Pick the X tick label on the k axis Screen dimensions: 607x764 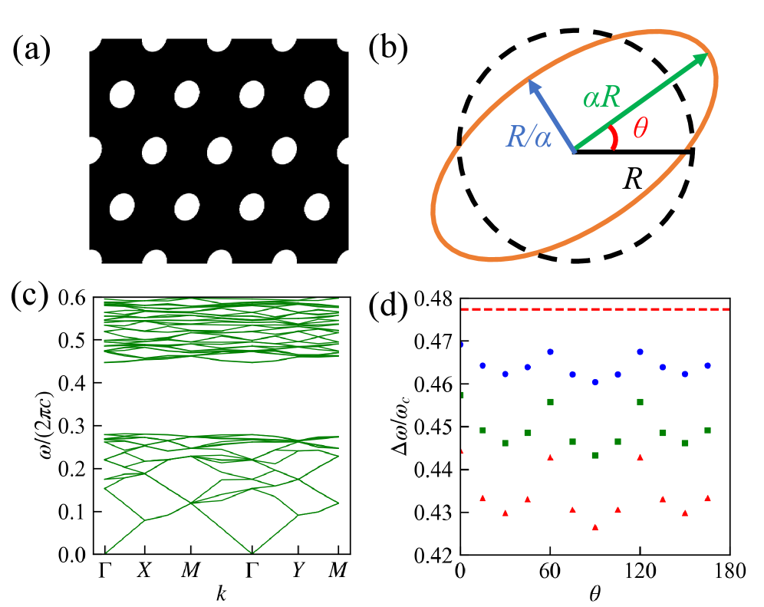(x=144, y=571)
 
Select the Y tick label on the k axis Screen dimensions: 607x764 (x=297, y=571)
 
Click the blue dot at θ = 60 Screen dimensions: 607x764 (x=550, y=351)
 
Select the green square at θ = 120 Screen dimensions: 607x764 (x=640, y=402)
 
